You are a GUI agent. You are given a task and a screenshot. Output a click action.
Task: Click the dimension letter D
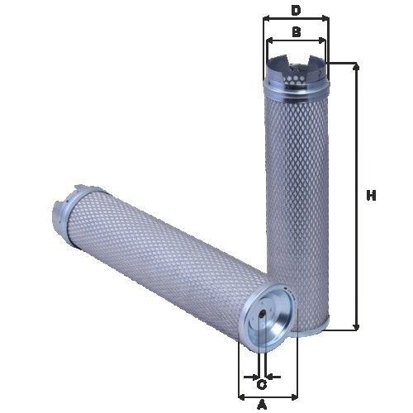coord(296,10)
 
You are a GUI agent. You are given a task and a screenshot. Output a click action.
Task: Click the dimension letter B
coord(296,32)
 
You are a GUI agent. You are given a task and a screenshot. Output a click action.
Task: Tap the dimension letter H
coord(372,196)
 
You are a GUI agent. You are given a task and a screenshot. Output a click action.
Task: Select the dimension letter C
coord(262,384)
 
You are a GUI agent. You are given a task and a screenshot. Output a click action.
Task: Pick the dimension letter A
coord(263,405)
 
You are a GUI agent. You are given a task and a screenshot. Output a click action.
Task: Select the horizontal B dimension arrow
coord(296,40)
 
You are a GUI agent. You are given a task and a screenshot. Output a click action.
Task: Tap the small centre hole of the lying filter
coord(262,312)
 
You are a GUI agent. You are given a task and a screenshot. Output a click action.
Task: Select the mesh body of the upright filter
coord(297,206)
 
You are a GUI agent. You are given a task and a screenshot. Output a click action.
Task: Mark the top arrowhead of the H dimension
coord(357,67)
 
